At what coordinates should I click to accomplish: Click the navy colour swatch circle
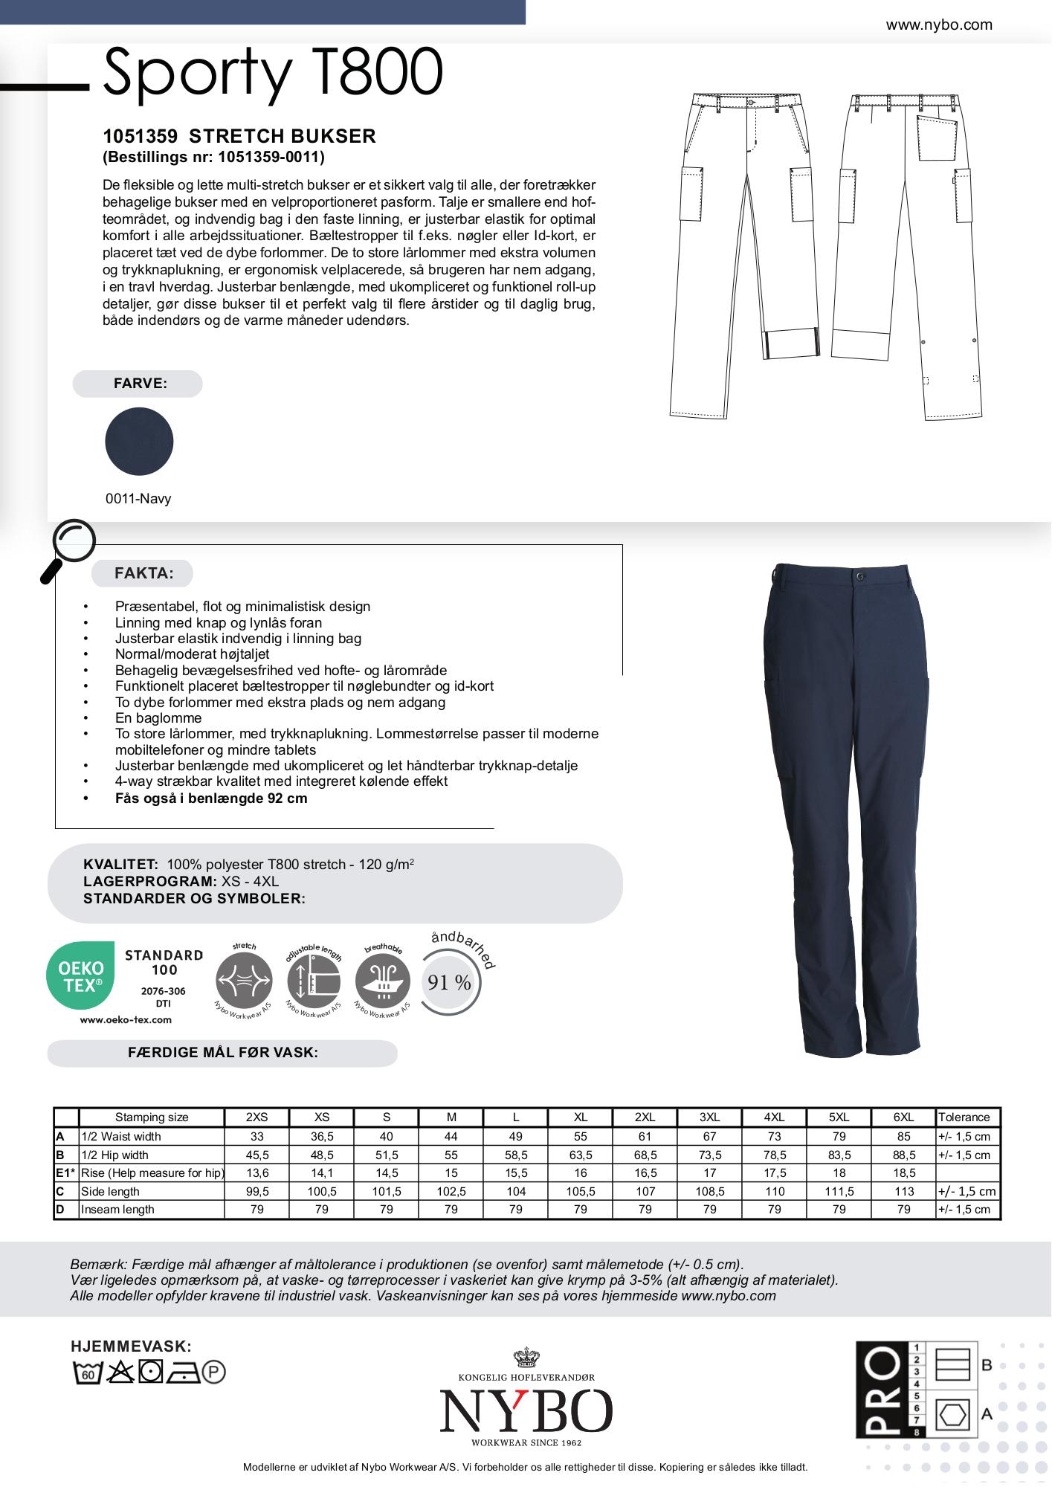[x=139, y=441]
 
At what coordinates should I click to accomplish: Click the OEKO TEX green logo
[x=81, y=975]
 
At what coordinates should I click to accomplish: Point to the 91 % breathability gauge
[x=450, y=983]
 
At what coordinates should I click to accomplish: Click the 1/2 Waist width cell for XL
[x=581, y=1136]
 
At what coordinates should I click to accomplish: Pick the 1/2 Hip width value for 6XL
[x=904, y=1155]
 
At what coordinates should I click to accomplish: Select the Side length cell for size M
[x=451, y=1191]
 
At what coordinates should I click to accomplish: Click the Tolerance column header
[x=964, y=1117]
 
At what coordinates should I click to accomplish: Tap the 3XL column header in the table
[x=710, y=1117]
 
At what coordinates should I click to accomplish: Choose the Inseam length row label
[x=117, y=1209]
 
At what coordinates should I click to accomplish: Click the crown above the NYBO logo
[x=526, y=1358]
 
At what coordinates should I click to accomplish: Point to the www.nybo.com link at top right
[x=939, y=25]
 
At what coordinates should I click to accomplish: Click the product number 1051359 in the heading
[x=140, y=136]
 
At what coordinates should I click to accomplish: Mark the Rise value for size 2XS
[x=256, y=1172]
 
